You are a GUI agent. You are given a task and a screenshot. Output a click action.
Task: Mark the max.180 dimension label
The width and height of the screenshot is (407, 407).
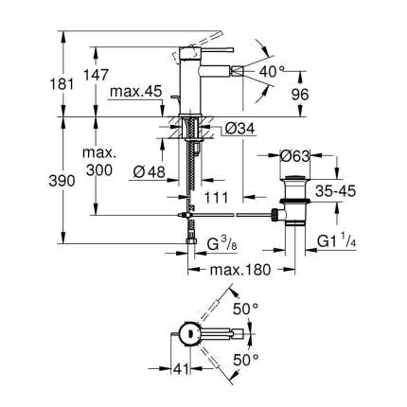[x=233, y=272]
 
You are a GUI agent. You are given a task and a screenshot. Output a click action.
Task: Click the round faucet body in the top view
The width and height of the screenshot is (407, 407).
[x=188, y=332]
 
